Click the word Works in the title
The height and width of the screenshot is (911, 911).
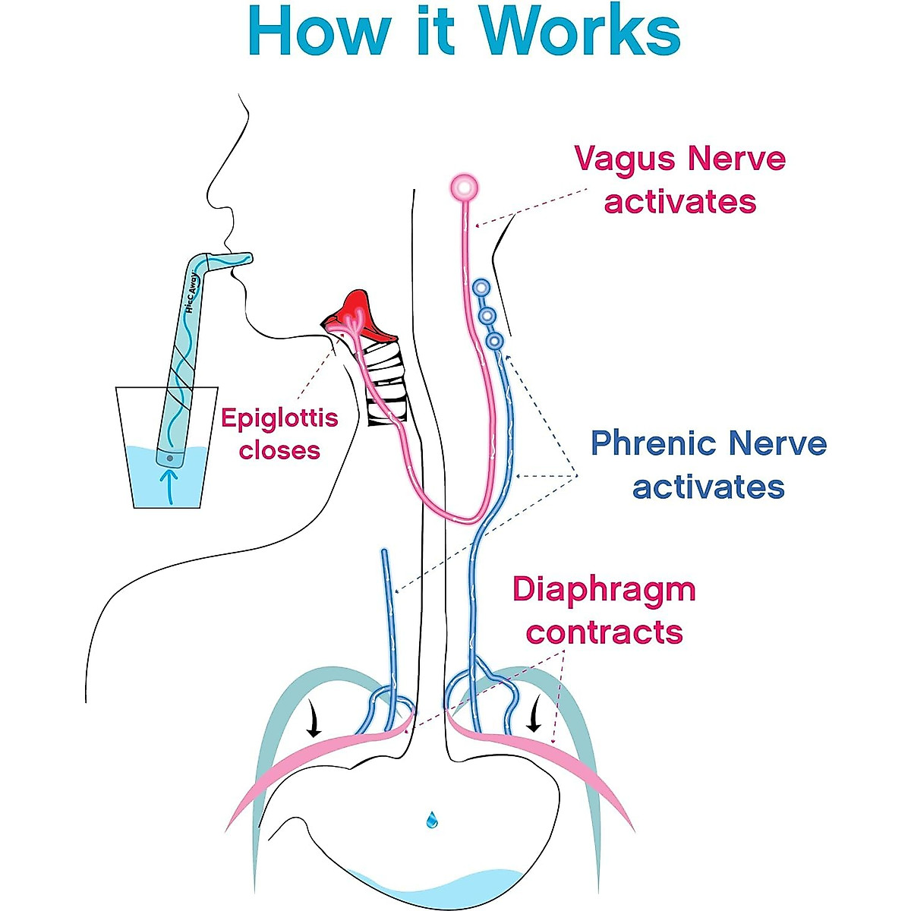tap(582, 30)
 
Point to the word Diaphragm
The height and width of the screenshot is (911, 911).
tap(604, 590)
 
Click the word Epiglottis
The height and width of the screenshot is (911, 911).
tap(279, 418)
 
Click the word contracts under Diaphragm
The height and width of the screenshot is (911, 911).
tap(604, 632)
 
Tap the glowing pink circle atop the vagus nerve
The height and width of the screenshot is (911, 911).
tap(464, 186)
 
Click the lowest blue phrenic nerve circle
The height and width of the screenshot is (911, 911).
tap(495, 341)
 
